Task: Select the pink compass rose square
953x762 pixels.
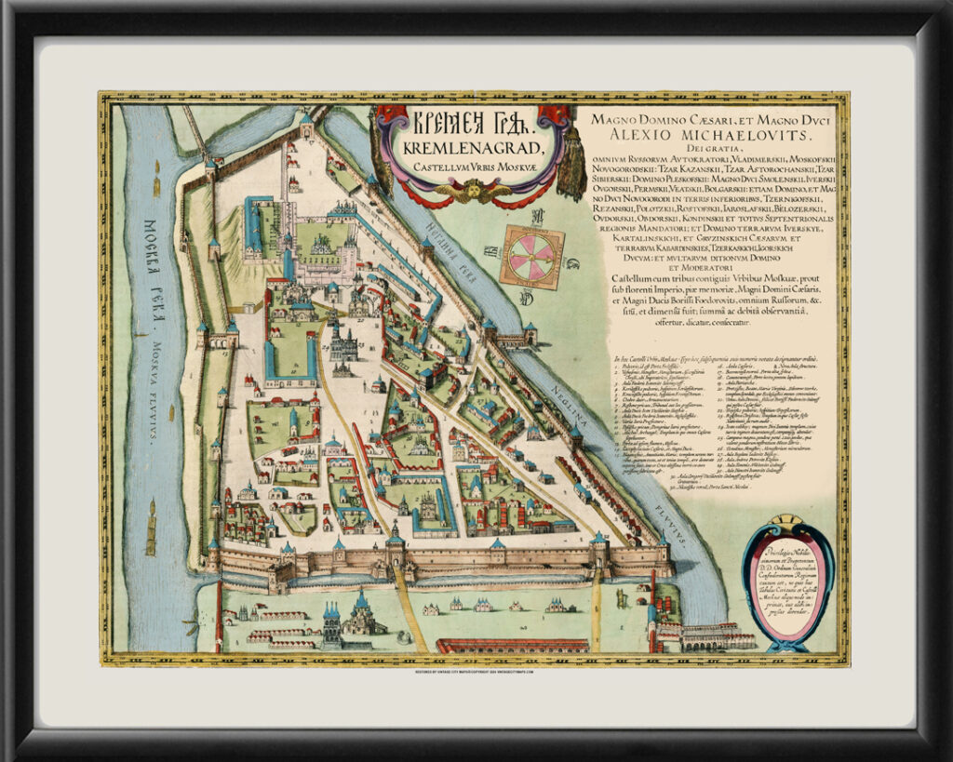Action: pos(531,256)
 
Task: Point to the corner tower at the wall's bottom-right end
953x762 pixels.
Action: pos(662,556)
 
